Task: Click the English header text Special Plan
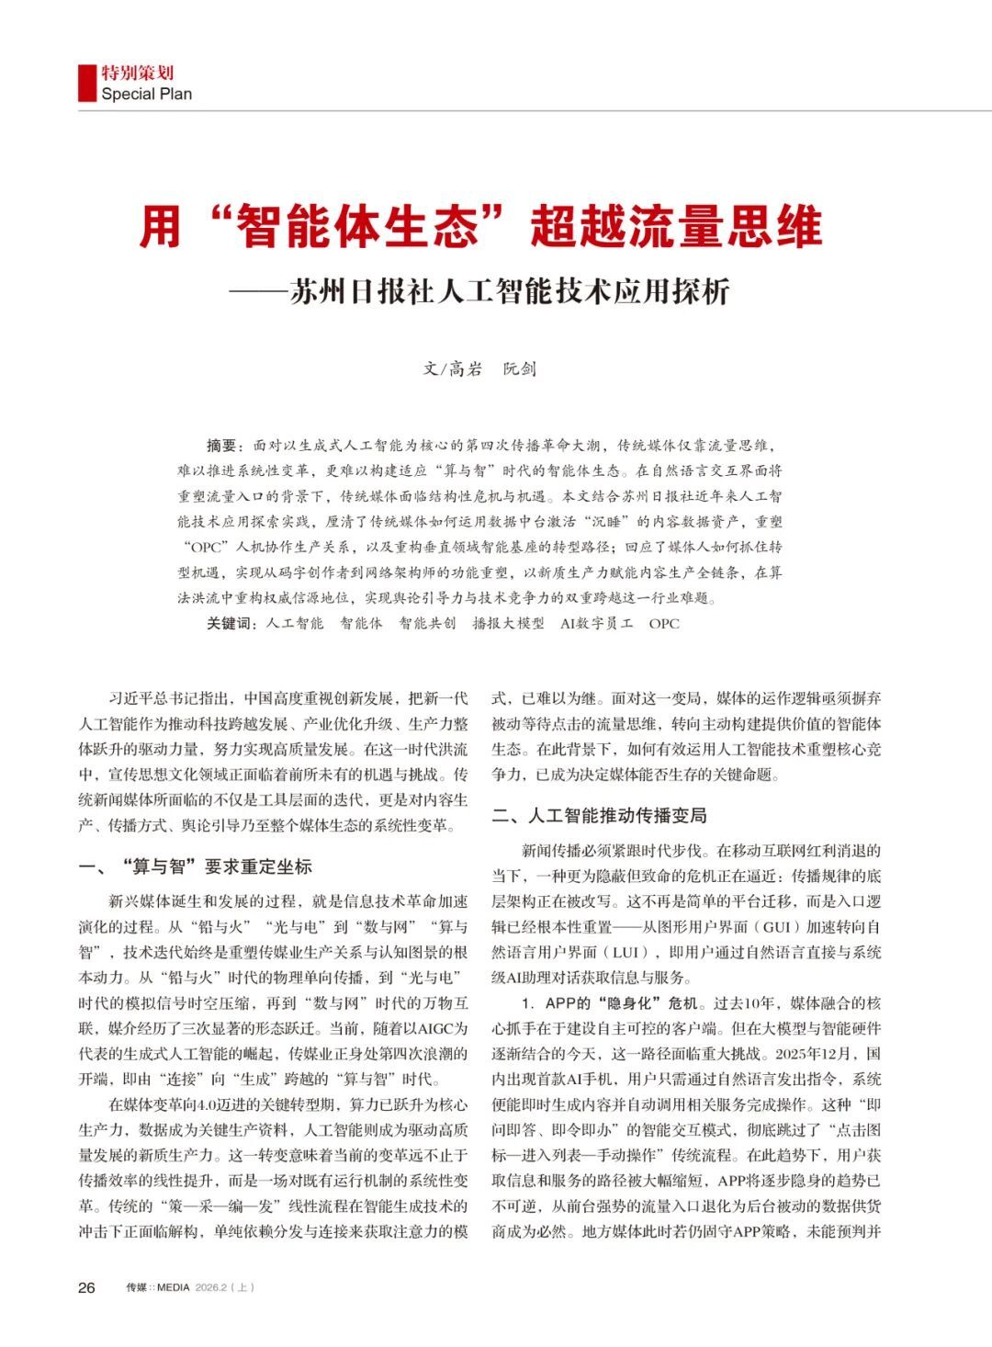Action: pos(147,94)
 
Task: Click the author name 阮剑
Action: pos(520,369)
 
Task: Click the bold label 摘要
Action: pos(224,446)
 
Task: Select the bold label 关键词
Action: pos(231,623)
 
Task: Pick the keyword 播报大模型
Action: pos(508,623)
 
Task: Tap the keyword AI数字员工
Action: pos(597,623)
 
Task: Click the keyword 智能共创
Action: pos(427,623)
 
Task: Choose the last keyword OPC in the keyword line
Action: pos(664,623)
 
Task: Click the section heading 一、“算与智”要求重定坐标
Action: pos(196,866)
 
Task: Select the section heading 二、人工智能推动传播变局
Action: pos(599,815)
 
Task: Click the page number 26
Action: pos(86,1287)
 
